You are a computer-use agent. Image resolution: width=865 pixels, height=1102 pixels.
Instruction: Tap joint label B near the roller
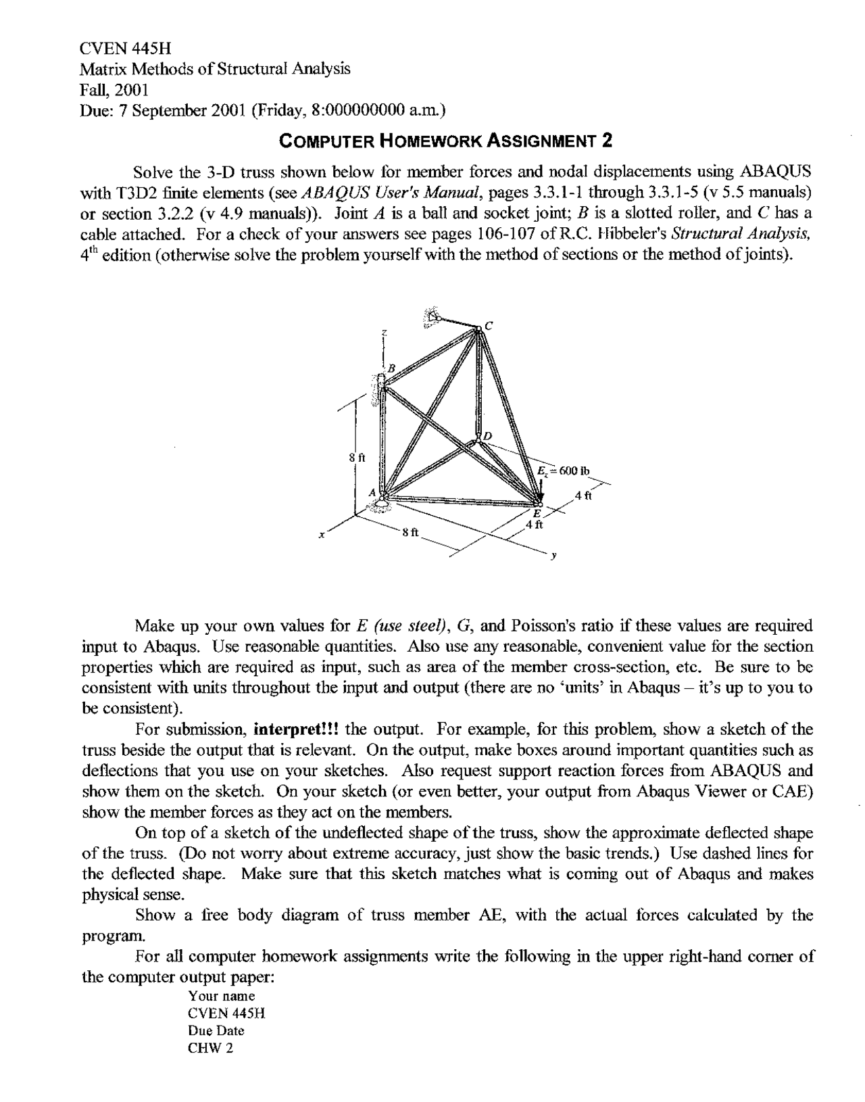[x=390, y=367]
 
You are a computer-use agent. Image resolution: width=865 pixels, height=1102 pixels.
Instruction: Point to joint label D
[x=488, y=435]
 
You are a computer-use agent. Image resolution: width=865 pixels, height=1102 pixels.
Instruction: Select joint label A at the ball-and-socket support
[x=371, y=493]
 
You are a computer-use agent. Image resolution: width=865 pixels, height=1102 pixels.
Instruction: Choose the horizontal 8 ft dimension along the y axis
[x=410, y=532]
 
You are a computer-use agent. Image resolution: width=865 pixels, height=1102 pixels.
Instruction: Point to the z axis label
[x=383, y=333]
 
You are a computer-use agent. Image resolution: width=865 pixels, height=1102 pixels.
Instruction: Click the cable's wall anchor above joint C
[x=430, y=315]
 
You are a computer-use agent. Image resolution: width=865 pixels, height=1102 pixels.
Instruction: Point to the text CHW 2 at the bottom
[x=211, y=1049]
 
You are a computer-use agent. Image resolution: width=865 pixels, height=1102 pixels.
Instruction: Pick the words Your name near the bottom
[x=222, y=996]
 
